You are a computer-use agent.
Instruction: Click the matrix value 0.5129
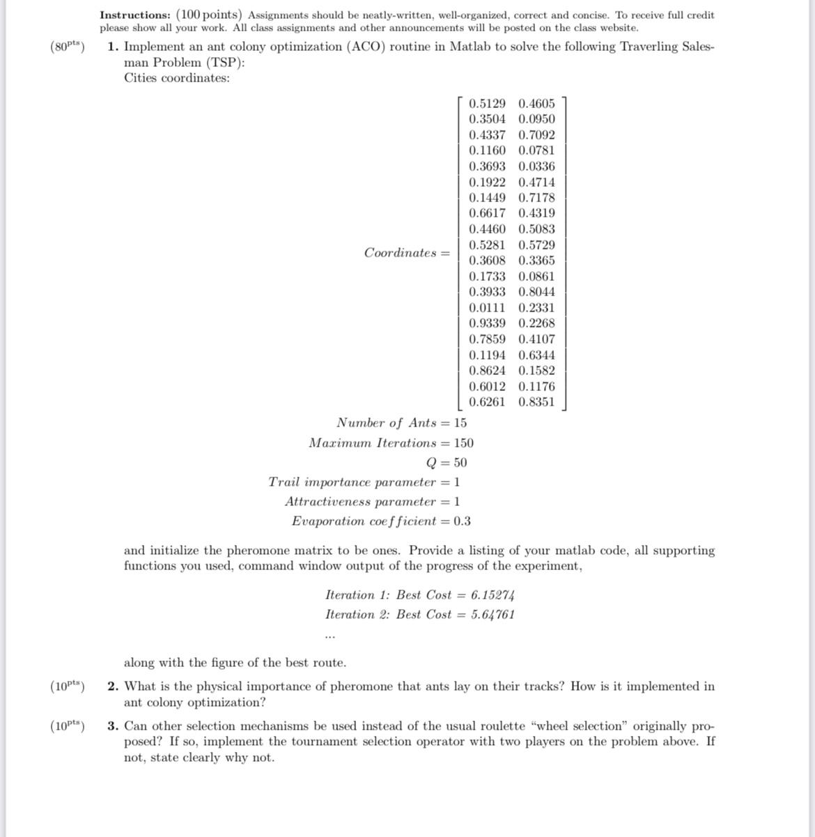[x=487, y=103]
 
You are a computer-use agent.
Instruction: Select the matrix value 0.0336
[x=536, y=166]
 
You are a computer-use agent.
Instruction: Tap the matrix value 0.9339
[x=487, y=323]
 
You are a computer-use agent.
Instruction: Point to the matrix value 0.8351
[x=536, y=401]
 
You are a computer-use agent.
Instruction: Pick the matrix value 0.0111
[x=487, y=307]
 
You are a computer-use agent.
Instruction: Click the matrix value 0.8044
[x=536, y=291]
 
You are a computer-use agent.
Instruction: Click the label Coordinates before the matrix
[x=400, y=252]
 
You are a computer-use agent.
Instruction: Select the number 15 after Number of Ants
[x=460, y=422]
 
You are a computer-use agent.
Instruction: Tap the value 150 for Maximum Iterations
[x=463, y=443]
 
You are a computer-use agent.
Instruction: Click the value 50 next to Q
[x=460, y=462]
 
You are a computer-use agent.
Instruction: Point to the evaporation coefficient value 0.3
[x=462, y=521]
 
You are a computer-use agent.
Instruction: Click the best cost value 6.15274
[x=492, y=594]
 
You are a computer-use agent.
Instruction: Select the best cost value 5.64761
[x=492, y=614]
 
